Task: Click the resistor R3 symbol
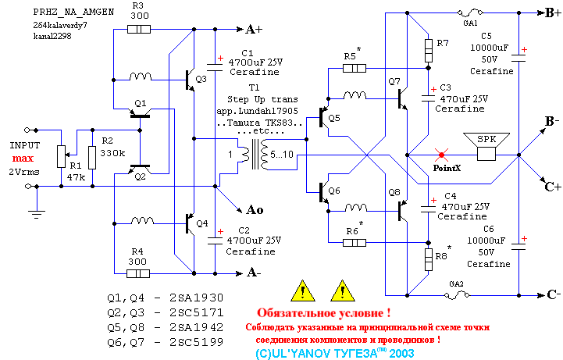point(138,30)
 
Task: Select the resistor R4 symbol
point(138,273)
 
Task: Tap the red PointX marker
point(442,155)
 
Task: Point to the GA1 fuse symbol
point(470,14)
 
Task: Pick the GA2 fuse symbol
point(457,295)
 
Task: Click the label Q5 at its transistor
point(334,118)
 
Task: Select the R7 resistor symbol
point(428,51)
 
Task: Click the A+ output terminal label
point(255,30)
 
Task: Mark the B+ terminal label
point(551,14)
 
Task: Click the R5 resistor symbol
point(355,68)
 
